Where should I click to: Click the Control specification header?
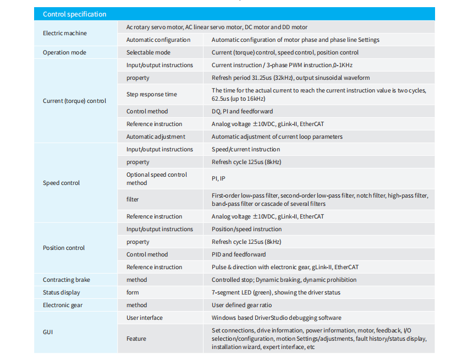[75, 14]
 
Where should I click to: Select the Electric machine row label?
[65, 33]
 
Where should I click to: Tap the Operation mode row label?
[64, 52]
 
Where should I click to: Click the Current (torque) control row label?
[74, 101]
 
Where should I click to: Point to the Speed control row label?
[61, 183]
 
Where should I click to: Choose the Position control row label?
[64, 248]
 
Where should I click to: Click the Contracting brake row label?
[67, 280]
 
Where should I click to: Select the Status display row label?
[61, 292]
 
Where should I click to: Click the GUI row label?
[48, 332]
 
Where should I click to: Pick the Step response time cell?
[152, 94]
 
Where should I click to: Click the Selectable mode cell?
[148, 52]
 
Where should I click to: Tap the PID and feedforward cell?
[239, 254]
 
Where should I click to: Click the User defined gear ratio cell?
[241, 305]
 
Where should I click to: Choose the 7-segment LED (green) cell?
[276, 292]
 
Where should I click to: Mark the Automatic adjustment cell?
[156, 137]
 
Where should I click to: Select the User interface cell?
[145, 318]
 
